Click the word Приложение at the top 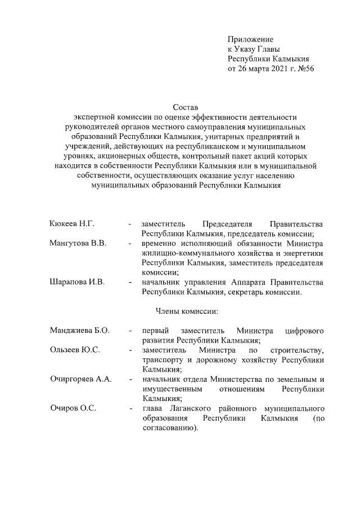(250, 39)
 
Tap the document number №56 (303, 69)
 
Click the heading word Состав (184, 107)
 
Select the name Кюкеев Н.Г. (71, 224)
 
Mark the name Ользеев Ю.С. (75, 350)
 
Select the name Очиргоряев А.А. (80, 379)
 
